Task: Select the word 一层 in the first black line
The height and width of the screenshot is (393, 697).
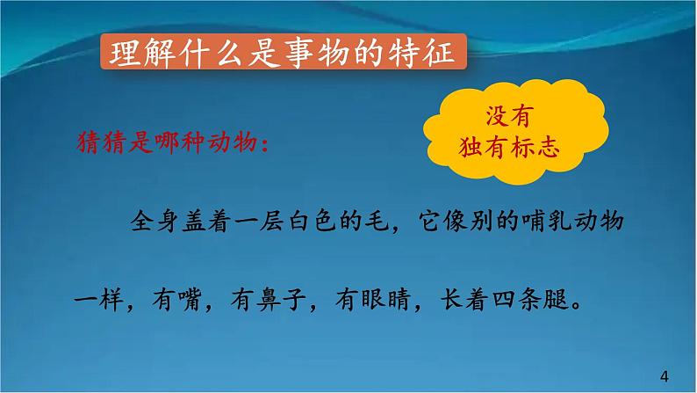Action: [x=252, y=219]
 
